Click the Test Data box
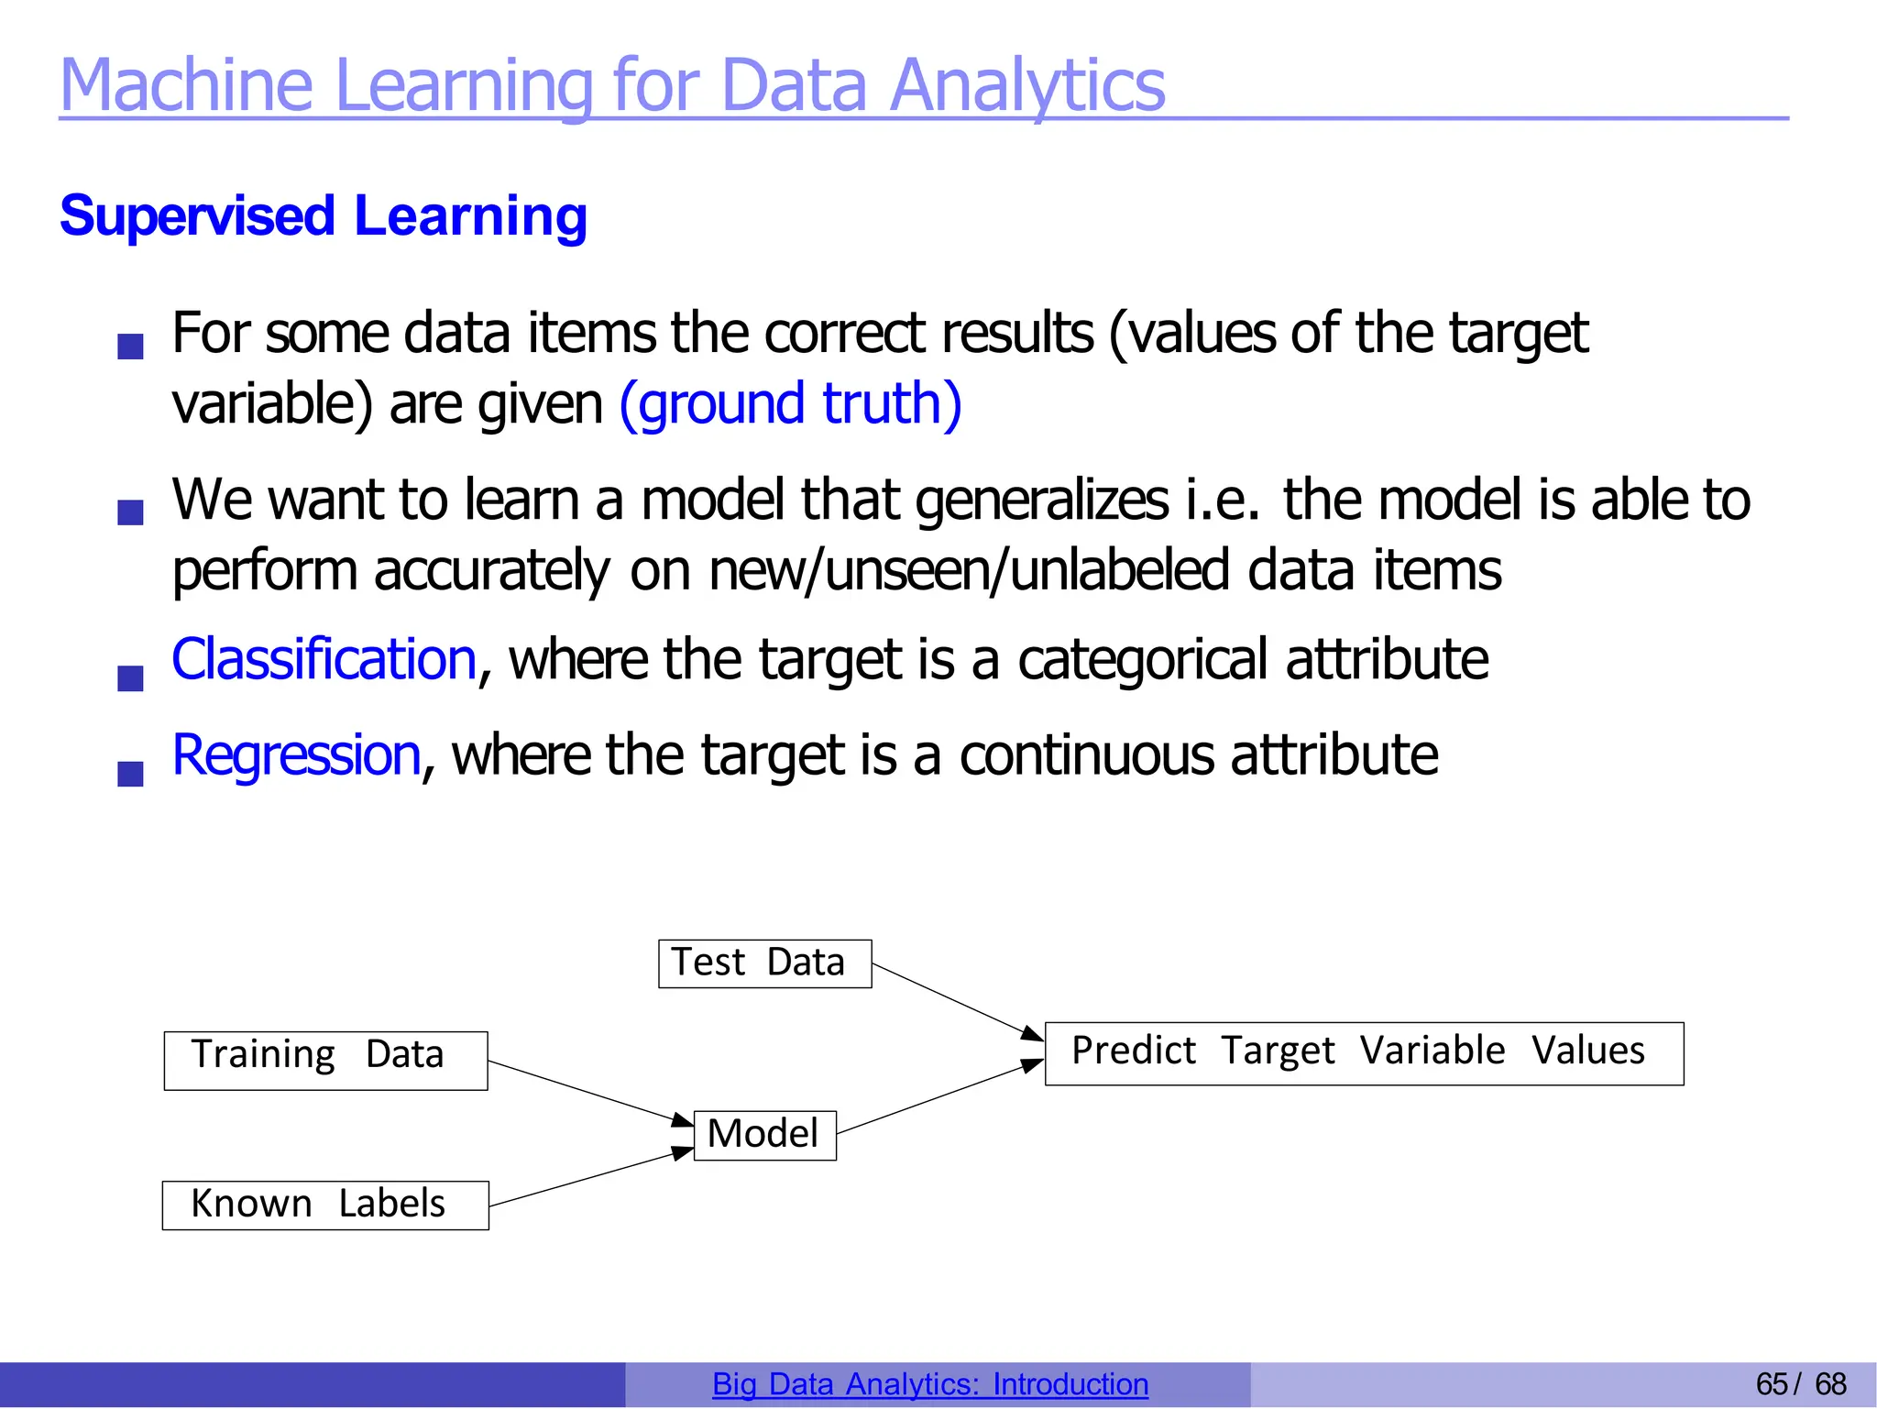pos(764,963)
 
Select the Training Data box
pos(325,1061)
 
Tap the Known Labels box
pos(325,1205)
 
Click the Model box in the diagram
pos(764,1135)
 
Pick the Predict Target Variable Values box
pos(1364,1053)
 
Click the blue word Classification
pos(324,659)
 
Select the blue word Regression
pos(296,755)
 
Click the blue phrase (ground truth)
pos(790,403)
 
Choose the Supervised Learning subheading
pos(323,216)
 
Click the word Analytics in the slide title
pos(1026,85)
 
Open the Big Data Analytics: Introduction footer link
pos(929,1383)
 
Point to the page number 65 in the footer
pos(1771,1383)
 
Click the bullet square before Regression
pos(131,774)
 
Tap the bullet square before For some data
pos(131,347)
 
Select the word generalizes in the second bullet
pos(1041,501)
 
